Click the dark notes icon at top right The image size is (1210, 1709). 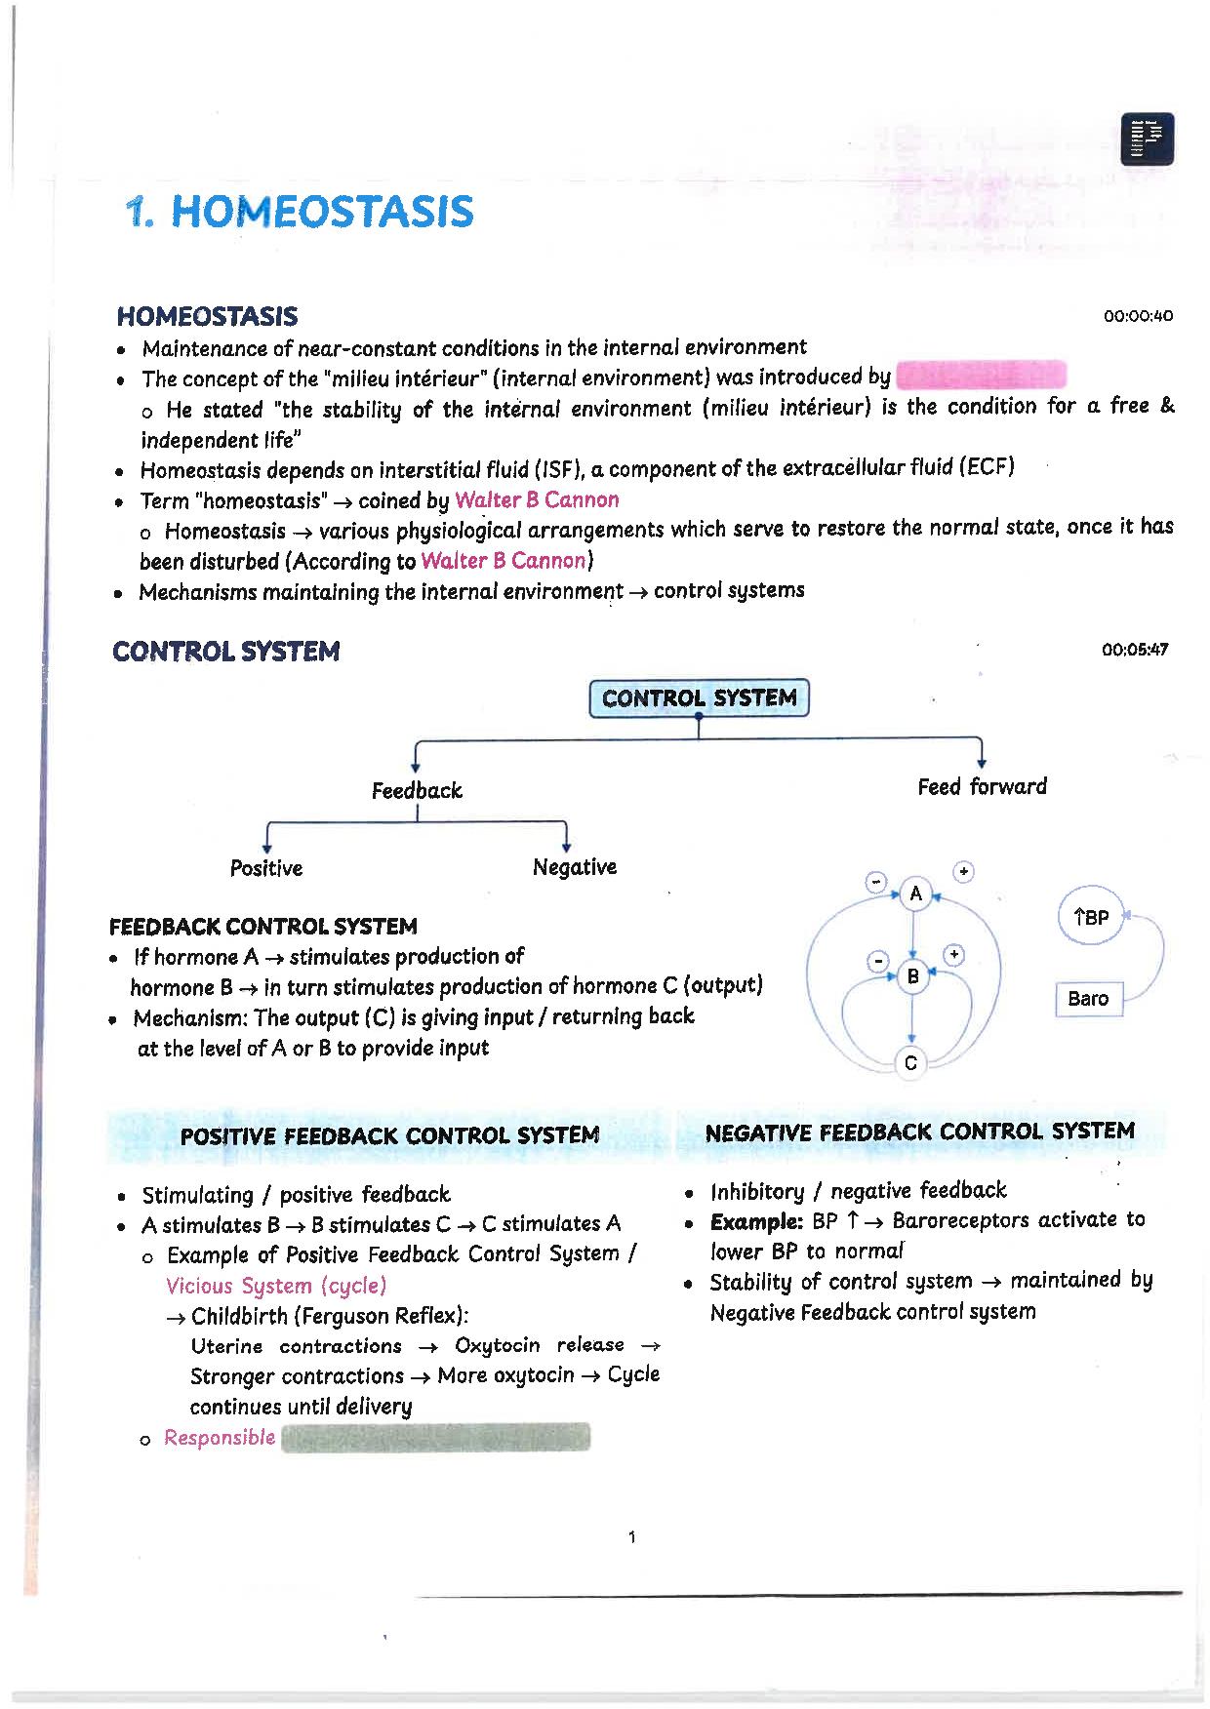point(1148,139)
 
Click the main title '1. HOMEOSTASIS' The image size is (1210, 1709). point(301,212)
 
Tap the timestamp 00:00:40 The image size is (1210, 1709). point(1138,316)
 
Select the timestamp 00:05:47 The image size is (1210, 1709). point(1134,650)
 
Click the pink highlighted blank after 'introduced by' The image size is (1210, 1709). point(980,376)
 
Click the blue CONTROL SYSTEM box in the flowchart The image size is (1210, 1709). point(699,698)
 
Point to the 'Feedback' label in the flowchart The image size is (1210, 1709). point(417,790)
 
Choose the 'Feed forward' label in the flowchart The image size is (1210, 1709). point(982,786)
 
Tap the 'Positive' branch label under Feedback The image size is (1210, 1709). point(266,868)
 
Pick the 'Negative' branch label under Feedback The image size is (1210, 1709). point(575,867)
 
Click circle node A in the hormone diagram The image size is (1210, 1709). point(915,894)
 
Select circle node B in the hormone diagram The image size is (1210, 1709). point(913,975)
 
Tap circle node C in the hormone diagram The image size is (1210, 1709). point(910,1063)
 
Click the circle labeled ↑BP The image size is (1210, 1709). point(1091,917)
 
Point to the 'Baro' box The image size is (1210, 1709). point(1088,999)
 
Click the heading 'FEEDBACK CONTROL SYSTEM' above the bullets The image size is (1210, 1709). point(263,926)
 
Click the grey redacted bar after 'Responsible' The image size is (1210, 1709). point(435,1438)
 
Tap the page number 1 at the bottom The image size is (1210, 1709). point(632,1538)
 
